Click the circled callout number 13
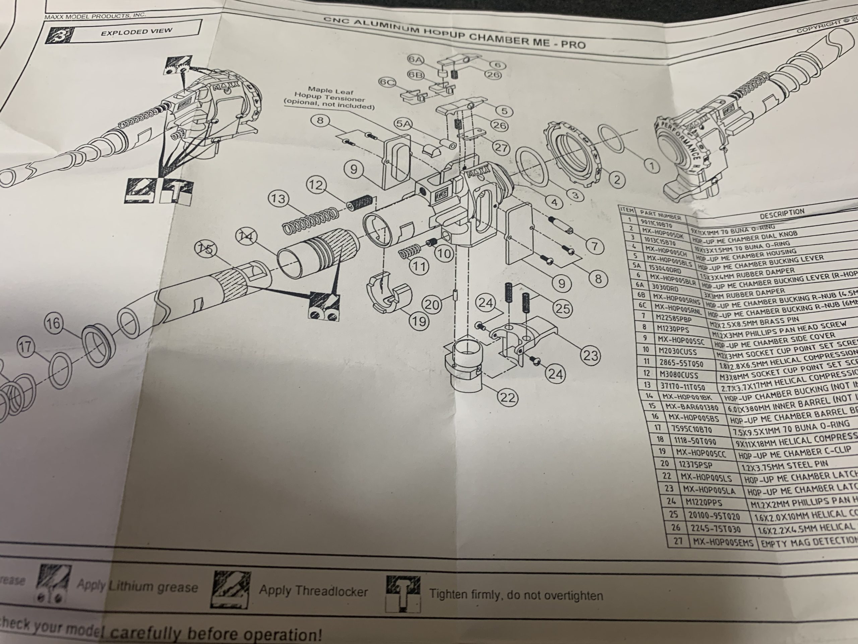[278, 200]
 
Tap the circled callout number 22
[507, 397]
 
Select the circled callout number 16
[54, 323]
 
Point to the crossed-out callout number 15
[207, 249]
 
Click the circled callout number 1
[652, 166]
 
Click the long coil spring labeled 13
[310, 222]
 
